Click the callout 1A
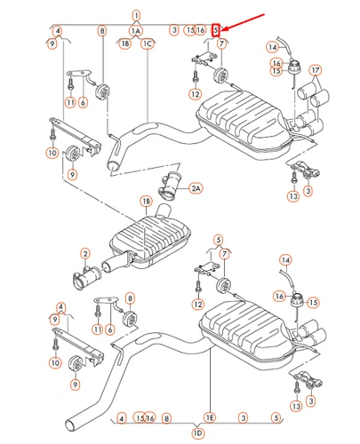point(136,30)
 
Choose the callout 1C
point(148,43)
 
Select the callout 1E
point(210,416)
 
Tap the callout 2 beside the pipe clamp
point(86,253)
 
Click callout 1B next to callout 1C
point(125,43)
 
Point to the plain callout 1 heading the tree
point(136,15)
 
